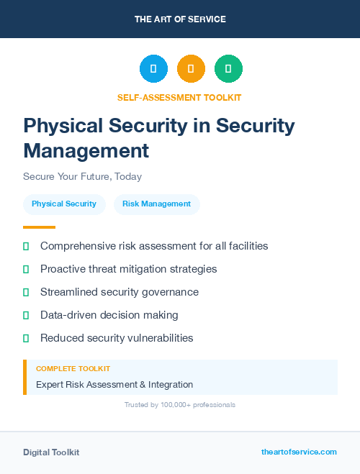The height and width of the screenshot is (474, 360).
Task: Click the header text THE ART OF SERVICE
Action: (180, 19)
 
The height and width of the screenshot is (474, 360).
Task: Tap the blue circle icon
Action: (153, 69)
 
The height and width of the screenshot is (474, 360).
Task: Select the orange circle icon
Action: (191, 69)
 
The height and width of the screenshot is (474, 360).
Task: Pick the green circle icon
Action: (228, 69)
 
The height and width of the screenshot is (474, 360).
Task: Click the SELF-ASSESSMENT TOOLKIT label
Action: (179, 97)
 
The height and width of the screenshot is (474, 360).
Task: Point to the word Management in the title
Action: (86, 151)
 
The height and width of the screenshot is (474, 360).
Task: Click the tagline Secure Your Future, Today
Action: (82, 176)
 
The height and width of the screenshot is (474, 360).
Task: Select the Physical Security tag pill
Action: (64, 204)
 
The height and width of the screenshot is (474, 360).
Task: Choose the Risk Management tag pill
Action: (156, 204)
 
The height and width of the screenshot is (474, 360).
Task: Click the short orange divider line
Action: (39, 227)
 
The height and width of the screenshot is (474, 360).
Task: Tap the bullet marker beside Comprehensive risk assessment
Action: (26, 246)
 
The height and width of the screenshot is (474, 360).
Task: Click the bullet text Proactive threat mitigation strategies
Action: (128, 269)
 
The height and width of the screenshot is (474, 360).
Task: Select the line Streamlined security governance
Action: (120, 292)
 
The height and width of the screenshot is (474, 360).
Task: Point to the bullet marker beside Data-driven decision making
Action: (26, 315)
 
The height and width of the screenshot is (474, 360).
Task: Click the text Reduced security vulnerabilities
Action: (117, 338)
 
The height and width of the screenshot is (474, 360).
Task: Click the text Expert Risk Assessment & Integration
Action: (114, 385)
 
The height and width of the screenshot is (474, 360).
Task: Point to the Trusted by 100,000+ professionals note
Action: (180, 405)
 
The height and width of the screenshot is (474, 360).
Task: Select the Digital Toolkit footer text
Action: (51, 452)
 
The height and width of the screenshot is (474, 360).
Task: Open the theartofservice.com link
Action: (299, 452)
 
